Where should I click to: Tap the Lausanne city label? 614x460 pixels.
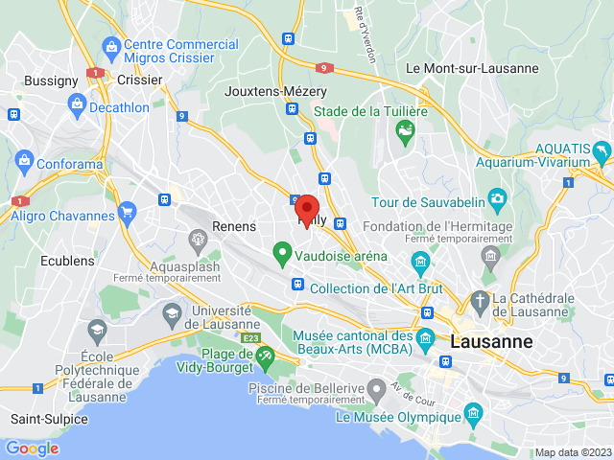tap(492, 341)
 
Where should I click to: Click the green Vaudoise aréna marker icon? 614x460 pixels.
tap(282, 255)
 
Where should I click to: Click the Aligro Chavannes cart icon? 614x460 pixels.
tap(126, 212)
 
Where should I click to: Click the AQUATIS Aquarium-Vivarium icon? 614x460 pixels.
tap(602, 151)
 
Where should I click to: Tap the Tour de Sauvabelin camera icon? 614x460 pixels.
tap(497, 199)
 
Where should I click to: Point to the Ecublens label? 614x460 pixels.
tap(67, 261)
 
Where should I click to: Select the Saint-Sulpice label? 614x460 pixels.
tap(49, 419)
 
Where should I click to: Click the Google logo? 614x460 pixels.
tap(32, 448)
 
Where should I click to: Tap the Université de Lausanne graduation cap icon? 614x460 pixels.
tap(171, 311)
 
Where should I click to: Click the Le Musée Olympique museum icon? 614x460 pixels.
tap(472, 414)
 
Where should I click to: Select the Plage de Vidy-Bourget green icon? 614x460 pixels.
tap(265, 356)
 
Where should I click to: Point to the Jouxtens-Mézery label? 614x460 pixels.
tap(275, 91)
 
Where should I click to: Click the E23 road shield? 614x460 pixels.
tap(251, 338)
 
